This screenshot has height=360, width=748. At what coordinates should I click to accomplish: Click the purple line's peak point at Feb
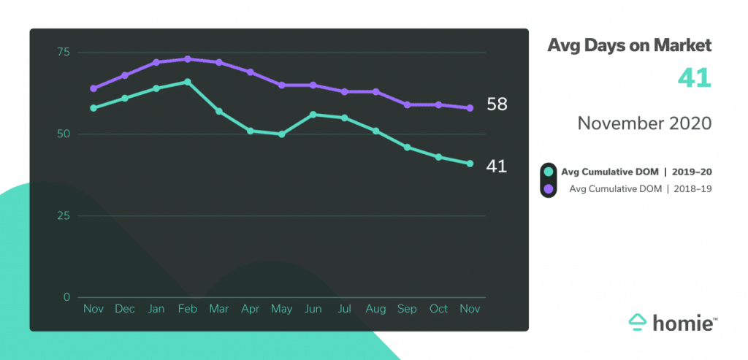pyautogui.click(x=188, y=59)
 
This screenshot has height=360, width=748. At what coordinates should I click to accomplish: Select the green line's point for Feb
pyautogui.click(x=188, y=82)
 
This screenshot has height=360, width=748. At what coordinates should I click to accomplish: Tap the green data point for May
pyautogui.click(x=282, y=134)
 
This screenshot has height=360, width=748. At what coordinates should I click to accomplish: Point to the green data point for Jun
pyautogui.click(x=313, y=115)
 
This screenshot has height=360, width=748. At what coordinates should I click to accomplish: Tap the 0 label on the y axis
pyautogui.click(x=66, y=297)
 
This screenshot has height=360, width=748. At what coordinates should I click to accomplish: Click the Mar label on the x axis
pyautogui.click(x=219, y=309)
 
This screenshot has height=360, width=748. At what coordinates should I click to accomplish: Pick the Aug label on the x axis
pyautogui.click(x=375, y=309)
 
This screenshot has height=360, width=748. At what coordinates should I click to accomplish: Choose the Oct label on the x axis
pyautogui.click(x=438, y=309)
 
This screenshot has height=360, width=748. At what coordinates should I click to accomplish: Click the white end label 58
pyautogui.click(x=497, y=104)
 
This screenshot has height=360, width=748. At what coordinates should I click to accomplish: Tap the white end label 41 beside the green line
pyautogui.click(x=497, y=166)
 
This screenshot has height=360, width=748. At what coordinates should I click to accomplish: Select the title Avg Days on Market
pyautogui.click(x=629, y=46)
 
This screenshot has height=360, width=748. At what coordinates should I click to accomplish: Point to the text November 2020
pyautogui.click(x=644, y=123)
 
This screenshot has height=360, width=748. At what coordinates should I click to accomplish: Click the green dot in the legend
pyautogui.click(x=549, y=172)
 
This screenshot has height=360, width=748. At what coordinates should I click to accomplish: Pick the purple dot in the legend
pyautogui.click(x=549, y=190)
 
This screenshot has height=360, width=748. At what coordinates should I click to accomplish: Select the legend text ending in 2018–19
pyautogui.click(x=640, y=190)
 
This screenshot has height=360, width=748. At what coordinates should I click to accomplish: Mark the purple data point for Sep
pyautogui.click(x=407, y=105)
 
